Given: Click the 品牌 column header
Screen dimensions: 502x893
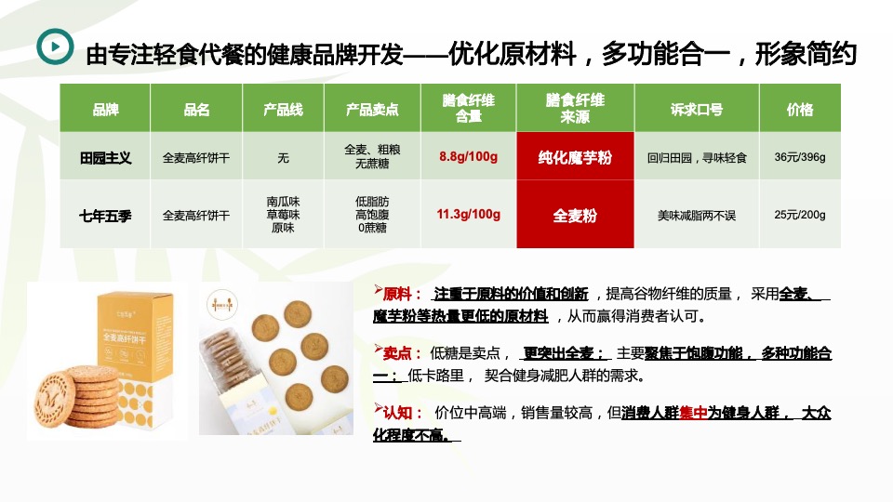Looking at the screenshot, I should point(105,110).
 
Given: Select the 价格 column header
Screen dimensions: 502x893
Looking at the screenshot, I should point(799,110).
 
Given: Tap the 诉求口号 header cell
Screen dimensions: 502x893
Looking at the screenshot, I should point(696,110).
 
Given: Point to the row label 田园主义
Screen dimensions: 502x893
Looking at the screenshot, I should point(105,158).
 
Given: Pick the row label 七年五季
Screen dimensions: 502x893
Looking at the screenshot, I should point(105,216).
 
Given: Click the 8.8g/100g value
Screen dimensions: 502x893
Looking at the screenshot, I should point(468,157).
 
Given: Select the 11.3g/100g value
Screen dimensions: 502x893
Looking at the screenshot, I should point(468,215).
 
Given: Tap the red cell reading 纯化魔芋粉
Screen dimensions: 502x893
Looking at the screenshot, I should point(575,158).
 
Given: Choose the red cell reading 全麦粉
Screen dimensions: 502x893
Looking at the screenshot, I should point(575,216).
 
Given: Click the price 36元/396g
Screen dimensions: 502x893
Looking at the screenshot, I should point(799,157).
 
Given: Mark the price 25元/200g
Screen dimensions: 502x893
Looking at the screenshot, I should point(799,215).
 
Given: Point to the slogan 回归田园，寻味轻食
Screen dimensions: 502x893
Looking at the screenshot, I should point(696,158).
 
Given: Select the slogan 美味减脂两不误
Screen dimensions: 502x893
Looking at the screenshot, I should point(696,216).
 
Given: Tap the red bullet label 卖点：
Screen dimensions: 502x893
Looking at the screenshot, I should point(401,353).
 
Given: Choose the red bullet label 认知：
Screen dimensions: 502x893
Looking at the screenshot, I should point(401,413).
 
